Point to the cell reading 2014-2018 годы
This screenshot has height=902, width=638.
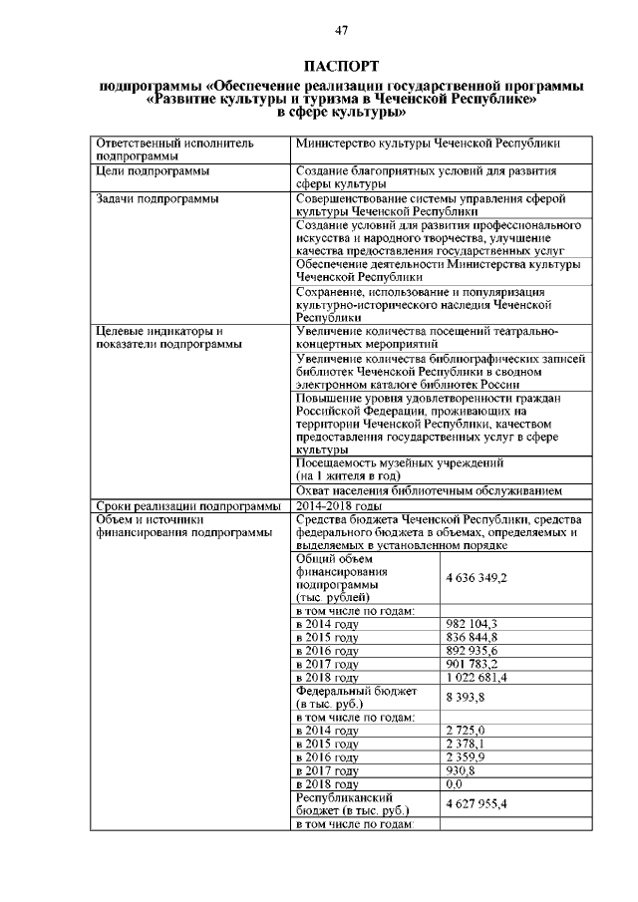pos(341,505)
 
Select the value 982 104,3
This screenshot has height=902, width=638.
pos(471,623)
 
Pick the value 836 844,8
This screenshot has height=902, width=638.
pos(471,637)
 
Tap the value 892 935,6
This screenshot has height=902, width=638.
pos(471,650)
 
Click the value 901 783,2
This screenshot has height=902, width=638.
pos(471,664)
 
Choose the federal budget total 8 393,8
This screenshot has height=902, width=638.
pos(465,697)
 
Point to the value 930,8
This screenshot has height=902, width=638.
pos(460,770)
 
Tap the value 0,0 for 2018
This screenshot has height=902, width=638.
pos(456,784)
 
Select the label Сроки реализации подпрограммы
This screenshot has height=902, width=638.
pos(187,505)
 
